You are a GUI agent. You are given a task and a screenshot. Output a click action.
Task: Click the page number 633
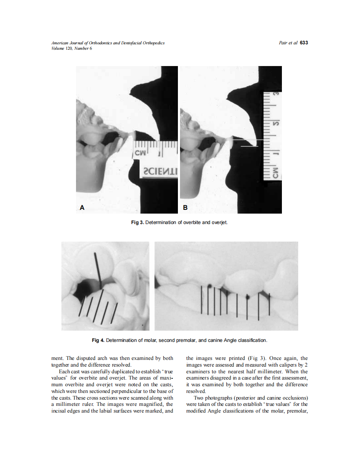pyautogui.click(x=304, y=43)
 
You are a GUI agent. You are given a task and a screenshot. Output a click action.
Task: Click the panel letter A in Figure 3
pyautogui.click(x=82, y=207)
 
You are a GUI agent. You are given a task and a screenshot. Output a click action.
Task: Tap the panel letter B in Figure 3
pyautogui.click(x=185, y=207)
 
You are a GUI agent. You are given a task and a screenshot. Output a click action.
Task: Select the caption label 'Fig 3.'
pyautogui.click(x=138, y=222)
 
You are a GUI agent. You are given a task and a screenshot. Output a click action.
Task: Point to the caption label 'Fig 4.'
pyautogui.click(x=98, y=340)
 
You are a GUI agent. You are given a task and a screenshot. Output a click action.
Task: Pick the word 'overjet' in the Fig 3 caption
pyautogui.click(x=220, y=222)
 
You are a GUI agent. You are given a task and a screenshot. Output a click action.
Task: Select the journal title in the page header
pyautogui.click(x=108, y=43)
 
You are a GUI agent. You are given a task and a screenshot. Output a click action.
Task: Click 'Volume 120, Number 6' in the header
pyautogui.click(x=71, y=48)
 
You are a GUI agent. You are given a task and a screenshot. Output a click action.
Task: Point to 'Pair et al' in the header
pyautogui.click(x=288, y=43)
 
